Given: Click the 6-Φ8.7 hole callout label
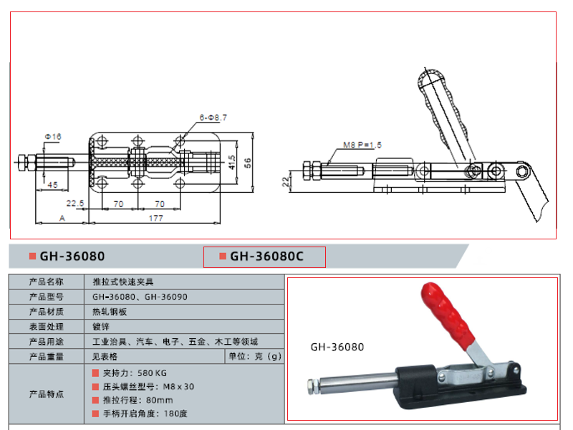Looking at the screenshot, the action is pyautogui.click(x=213, y=118).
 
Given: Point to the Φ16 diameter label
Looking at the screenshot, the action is pyautogui.click(x=53, y=137).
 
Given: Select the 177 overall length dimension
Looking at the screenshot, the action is pyautogui.click(x=155, y=219).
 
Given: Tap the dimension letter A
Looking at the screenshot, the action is pyautogui.click(x=62, y=219).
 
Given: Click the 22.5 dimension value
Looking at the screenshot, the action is pyautogui.click(x=75, y=204).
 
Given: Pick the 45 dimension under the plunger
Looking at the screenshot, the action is pyautogui.click(x=52, y=185).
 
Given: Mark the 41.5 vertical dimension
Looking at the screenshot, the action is pyautogui.click(x=232, y=163).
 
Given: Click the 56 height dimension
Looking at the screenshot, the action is pyautogui.click(x=248, y=163).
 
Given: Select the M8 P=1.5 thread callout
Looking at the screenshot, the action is pyautogui.click(x=362, y=145).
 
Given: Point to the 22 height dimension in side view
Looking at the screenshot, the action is pyautogui.click(x=286, y=182).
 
